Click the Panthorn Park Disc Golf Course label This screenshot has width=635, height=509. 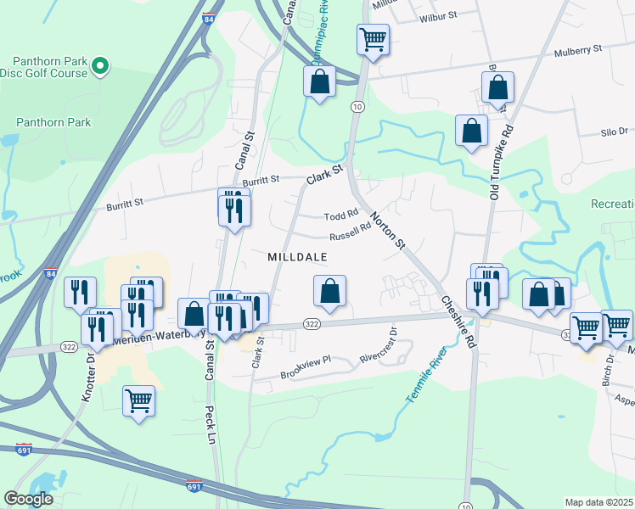49,67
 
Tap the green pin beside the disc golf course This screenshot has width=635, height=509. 100,64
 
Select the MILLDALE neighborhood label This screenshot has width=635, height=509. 297,256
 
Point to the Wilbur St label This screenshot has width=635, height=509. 439,15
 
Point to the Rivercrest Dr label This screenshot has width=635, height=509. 378,346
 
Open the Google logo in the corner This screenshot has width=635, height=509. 28,499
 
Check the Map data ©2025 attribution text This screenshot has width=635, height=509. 598,501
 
